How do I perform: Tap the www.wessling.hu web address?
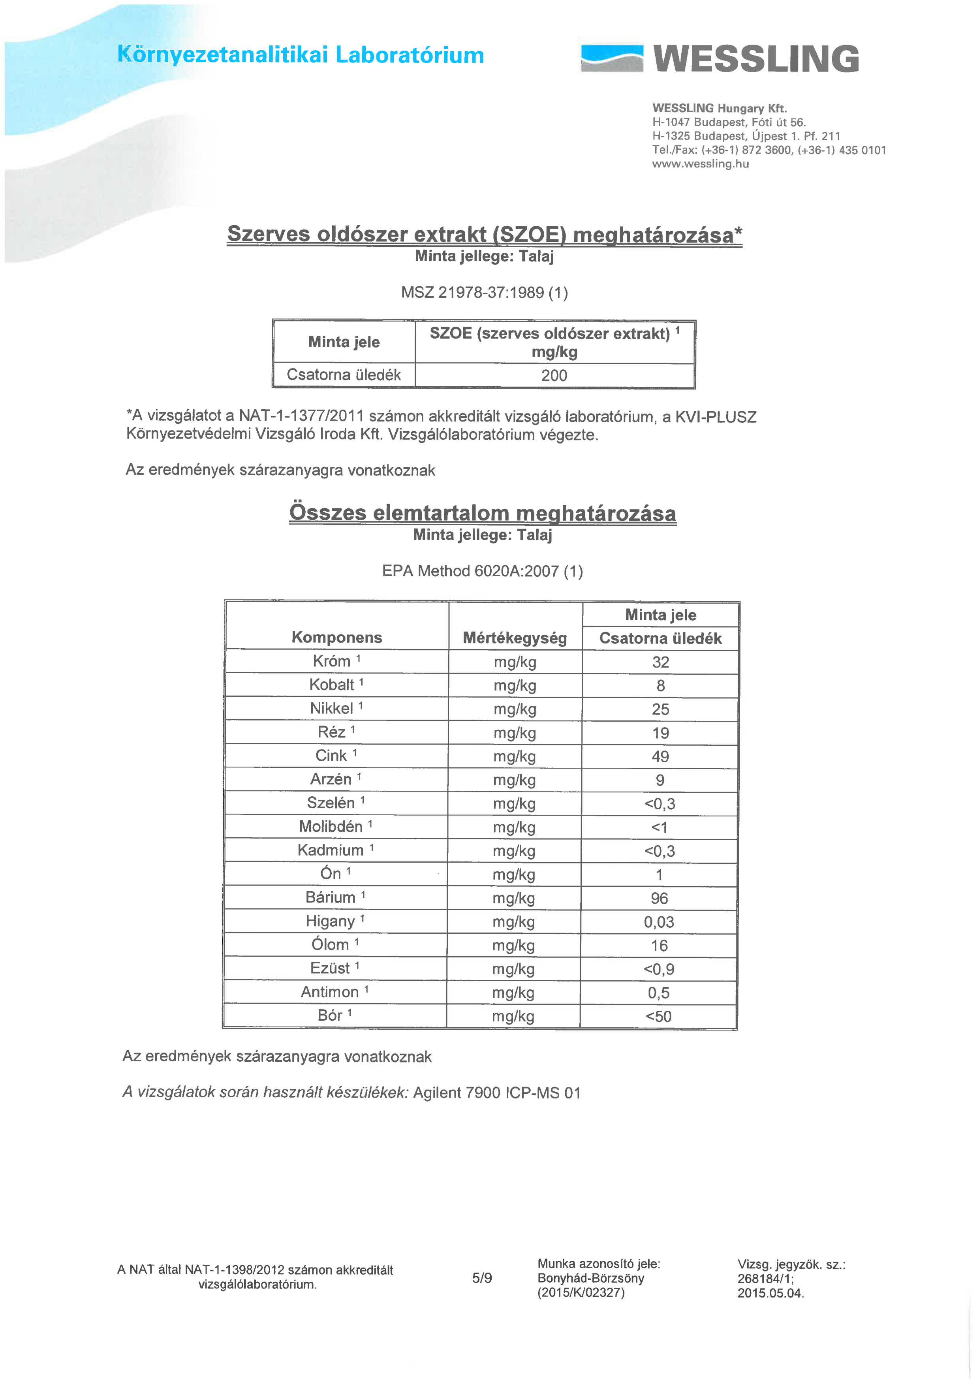[701, 164]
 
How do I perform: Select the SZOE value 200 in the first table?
[554, 376]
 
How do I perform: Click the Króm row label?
[332, 661]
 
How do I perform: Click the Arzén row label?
[331, 779]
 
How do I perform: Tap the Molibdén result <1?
[660, 827]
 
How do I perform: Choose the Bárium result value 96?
[660, 898]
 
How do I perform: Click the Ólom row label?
[331, 944]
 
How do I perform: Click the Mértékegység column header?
[515, 638]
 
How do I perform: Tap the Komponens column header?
[336, 638]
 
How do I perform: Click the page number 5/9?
[482, 1278]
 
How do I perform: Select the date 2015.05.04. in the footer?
[770, 1293]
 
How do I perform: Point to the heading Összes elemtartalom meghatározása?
[482, 513]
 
